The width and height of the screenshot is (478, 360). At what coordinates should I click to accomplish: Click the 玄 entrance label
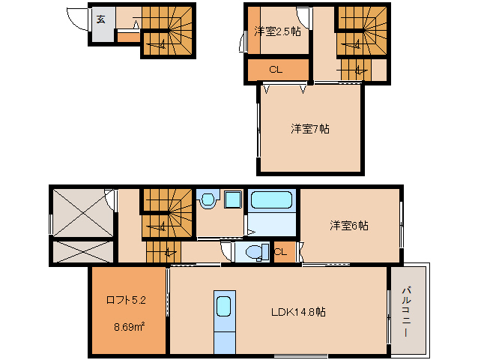pos(100,19)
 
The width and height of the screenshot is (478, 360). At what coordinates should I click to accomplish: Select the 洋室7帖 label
pos(310,128)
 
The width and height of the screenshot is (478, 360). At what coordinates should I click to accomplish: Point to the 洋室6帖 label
pos(350,225)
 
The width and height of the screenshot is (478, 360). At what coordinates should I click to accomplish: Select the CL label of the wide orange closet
pos(276,70)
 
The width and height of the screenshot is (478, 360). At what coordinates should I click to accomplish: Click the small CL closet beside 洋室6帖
pos(280,252)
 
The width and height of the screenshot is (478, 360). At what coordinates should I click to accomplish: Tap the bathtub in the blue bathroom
pos(272,200)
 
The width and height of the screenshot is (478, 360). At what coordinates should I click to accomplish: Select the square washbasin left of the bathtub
pos(232,200)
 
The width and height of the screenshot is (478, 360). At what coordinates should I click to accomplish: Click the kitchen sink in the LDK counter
pos(224,307)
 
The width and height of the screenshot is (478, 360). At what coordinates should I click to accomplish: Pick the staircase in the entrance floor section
pos(168,30)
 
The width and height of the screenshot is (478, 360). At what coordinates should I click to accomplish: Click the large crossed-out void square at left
pos(80,213)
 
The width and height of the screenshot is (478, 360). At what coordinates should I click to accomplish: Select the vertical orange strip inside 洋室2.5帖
pos(253,30)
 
